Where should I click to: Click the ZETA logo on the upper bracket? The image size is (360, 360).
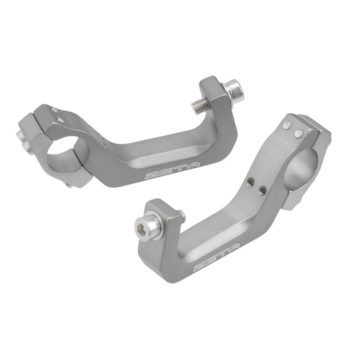[162, 172]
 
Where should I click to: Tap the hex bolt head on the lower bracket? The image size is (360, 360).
[143, 226]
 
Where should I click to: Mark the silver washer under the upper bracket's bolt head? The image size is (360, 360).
[226, 92]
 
